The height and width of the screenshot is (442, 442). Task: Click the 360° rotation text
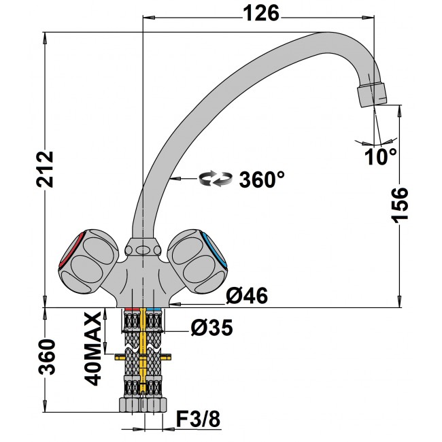click(261, 180)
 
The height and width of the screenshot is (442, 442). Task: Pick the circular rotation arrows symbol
click(214, 180)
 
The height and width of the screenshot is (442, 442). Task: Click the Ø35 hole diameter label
click(211, 328)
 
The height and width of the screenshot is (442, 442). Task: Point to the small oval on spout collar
click(142, 251)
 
